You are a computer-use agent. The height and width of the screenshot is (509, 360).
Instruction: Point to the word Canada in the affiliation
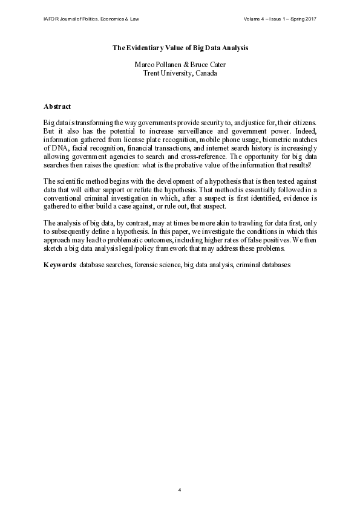pyautogui.click(x=205, y=73)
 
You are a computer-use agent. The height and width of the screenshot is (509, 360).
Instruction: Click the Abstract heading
pyautogui.click(x=57, y=106)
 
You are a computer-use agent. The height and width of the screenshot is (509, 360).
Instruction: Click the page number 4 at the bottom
pyautogui.click(x=180, y=489)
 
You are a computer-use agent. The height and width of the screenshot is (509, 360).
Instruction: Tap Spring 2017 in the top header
pyautogui.click(x=303, y=19)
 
